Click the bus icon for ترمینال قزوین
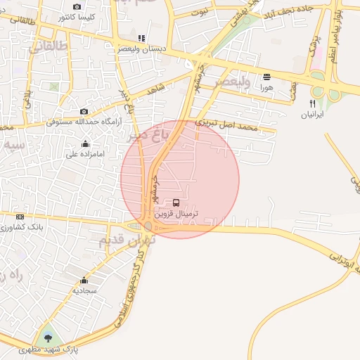[176, 202]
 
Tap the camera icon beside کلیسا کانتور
[77, 6]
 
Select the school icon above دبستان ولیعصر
[141, 38]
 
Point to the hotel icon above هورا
[266, 77]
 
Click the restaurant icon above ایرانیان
[312, 103]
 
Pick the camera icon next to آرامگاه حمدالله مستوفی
[84, 111]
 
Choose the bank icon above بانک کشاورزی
[20, 217]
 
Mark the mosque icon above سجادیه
[85, 280]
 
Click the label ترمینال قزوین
[176, 213]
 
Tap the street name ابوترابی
[338, 257]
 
